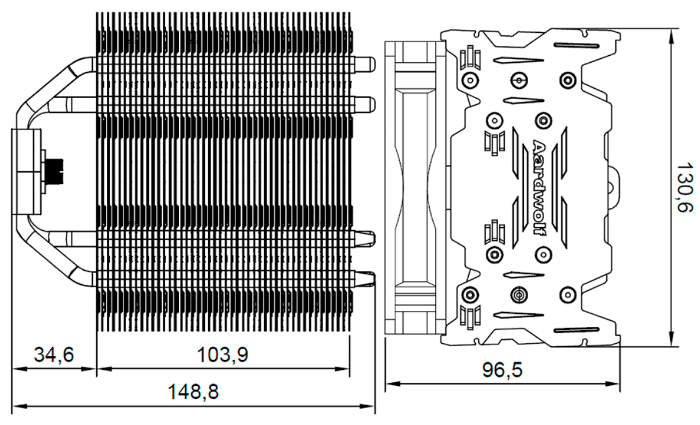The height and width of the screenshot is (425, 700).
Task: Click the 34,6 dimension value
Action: (54, 355)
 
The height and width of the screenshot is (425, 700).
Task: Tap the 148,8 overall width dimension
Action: (193, 392)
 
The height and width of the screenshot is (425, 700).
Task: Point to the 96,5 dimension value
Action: (502, 370)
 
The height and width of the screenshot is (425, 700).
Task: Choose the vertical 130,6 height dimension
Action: (685, 187)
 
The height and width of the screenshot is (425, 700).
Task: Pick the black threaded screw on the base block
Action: (55, 171)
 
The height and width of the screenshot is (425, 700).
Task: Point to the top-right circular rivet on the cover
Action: (568, 80)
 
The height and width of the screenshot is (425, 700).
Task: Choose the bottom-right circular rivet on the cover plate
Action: (568, 294)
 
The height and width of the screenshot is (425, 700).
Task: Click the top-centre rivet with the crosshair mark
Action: (519, 80)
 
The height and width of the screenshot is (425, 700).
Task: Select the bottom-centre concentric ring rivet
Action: (519, 294)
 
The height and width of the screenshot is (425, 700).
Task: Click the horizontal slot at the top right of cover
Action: (576, 45)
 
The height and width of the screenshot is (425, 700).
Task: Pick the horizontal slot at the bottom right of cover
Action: (576, 330)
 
